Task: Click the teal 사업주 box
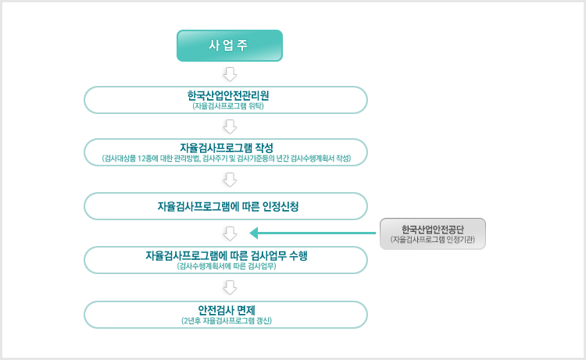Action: (230, 45)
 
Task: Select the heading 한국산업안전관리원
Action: (228, 95)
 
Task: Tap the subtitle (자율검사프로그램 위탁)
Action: (228, 106)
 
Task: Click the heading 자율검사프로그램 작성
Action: (227, 148)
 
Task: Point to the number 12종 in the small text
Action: (145, 159)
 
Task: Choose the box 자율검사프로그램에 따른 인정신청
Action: (226, 206)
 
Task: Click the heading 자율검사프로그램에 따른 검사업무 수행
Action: (227, 256)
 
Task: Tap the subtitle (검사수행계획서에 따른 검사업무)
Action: (227, 266)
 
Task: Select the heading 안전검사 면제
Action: (227, 310)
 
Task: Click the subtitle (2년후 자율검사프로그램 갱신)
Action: (227, 321)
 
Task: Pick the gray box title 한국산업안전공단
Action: (432, 230)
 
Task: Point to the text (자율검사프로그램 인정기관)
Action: (432, 240)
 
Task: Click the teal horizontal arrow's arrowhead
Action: (254, 233)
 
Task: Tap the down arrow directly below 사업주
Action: (230, 74)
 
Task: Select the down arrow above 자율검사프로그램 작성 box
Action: (230, 127)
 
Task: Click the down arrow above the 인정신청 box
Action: (230, 180)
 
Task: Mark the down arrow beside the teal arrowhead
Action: (230, 233)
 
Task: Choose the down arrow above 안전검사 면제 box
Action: (230, 288)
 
